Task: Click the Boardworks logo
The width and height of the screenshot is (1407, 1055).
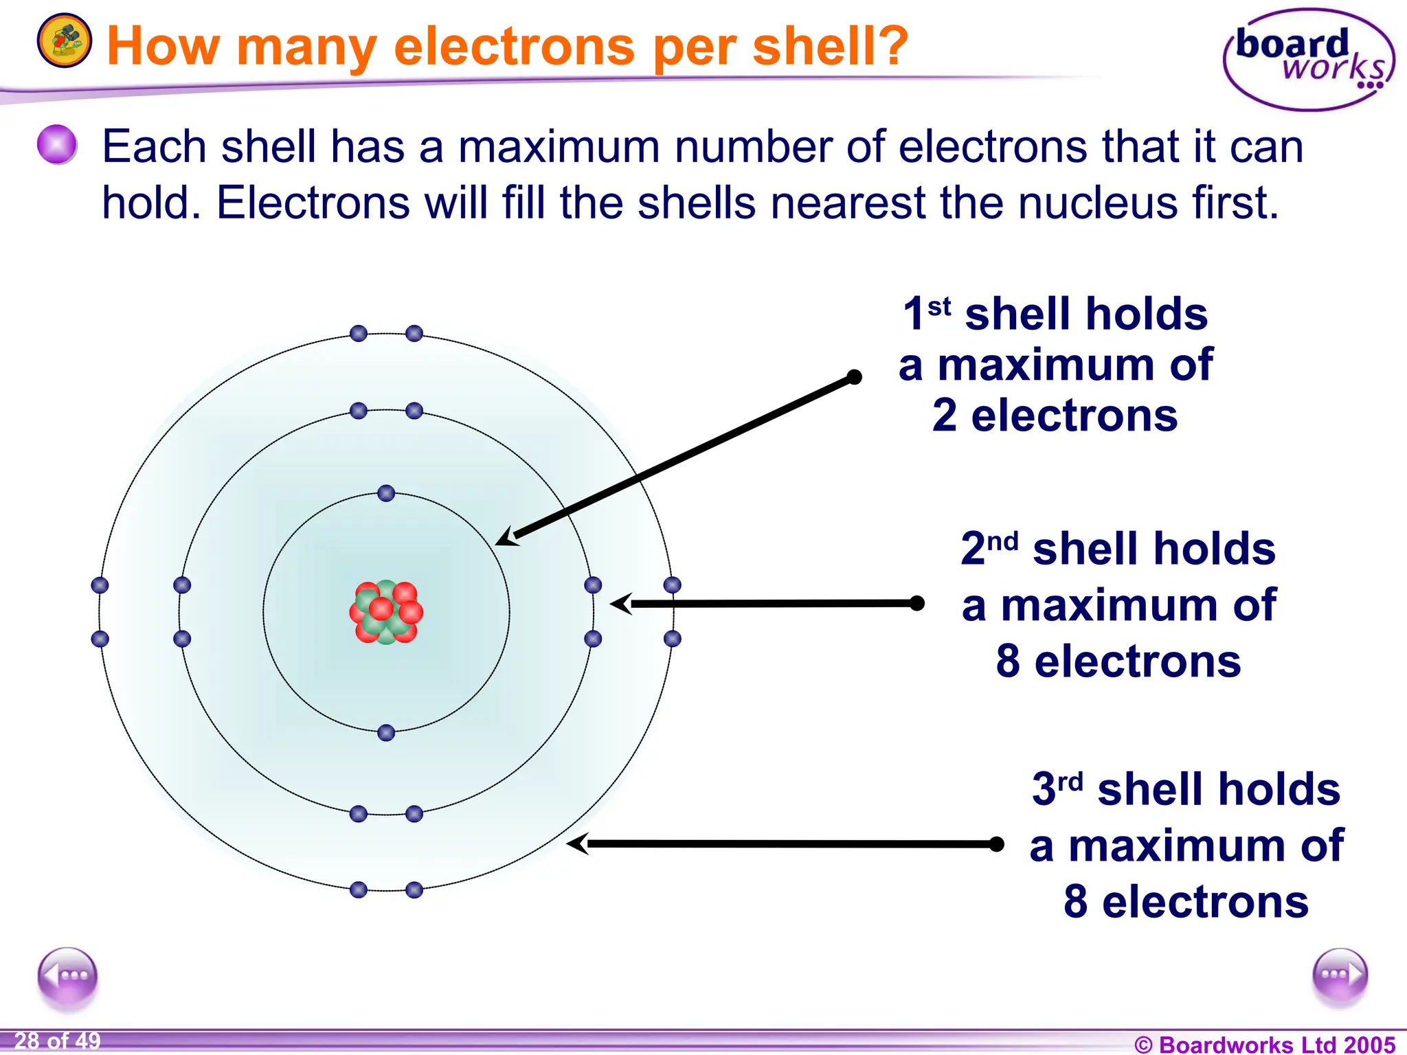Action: pyautogui.click(x=1309, y=60)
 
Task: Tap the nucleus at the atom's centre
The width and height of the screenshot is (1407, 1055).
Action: pyautogui.click(x=386, y=611)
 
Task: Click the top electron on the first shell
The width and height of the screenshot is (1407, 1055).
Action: pyautogui.click(x=386, y=493)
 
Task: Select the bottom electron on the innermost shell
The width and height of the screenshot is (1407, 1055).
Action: pyautogui.click(x=386, y=733)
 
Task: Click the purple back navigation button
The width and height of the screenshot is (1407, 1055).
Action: pyautogui.click(x=67, y=976)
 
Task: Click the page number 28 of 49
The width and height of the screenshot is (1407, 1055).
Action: pyautogui.click(x=57, y=1041)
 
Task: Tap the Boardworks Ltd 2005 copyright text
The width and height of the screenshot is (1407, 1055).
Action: pyautogui.click(x=1265, y=1044)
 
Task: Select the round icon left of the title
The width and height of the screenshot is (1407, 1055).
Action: pyautogui.click(x=64, y=41)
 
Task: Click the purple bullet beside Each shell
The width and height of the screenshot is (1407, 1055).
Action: pyautogui.click(x=56, y=145)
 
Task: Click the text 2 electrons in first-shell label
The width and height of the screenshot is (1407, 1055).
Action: pyautogui.click(x=1055, y=416)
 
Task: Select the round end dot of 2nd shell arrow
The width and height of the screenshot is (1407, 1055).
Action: pyautogui.click(x=916, y=603)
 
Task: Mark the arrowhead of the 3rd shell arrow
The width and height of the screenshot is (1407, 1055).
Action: pyautogui.click(x=577, y=843)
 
